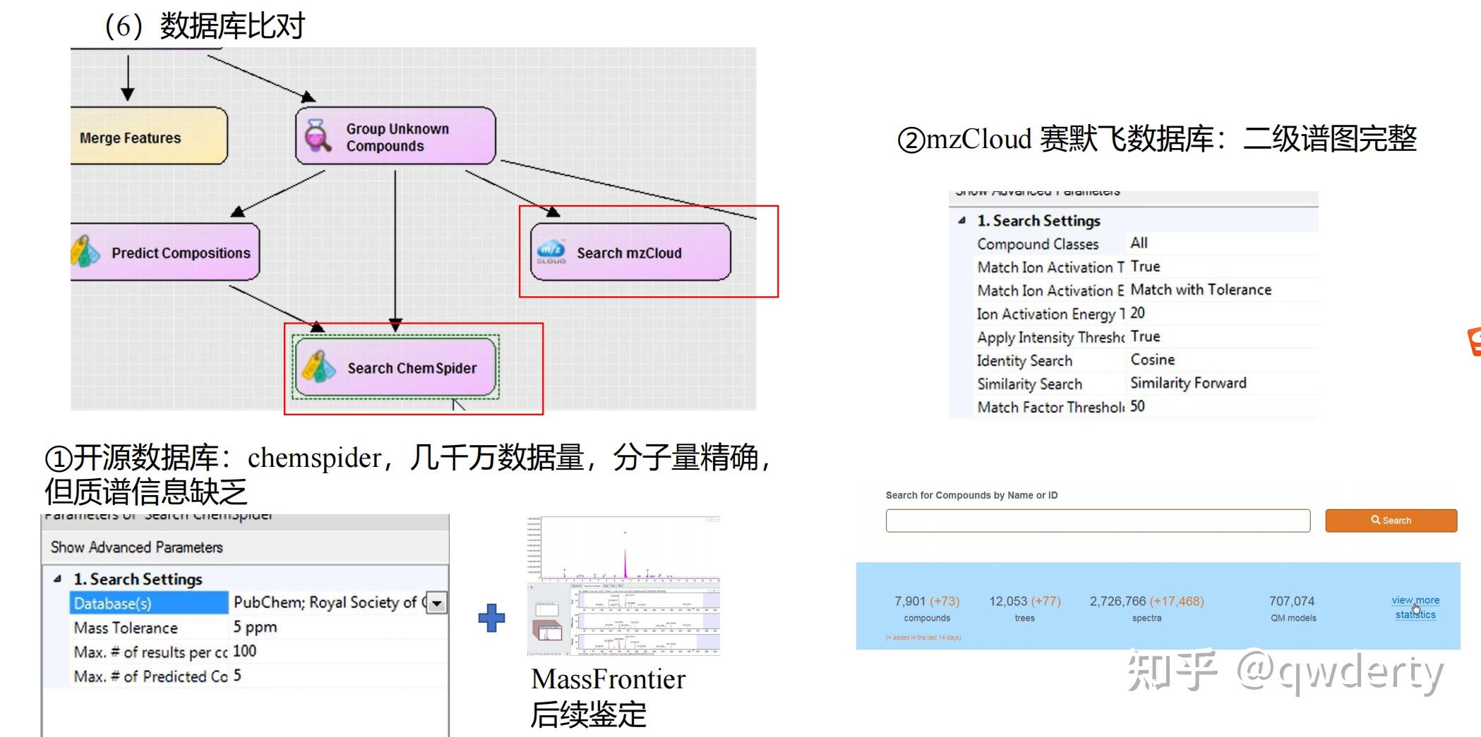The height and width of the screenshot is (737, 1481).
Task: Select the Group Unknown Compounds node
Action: coord(395,136)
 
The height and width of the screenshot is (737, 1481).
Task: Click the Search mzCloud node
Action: coord(630,252)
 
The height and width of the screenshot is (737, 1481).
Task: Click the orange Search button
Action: coord(1391,520)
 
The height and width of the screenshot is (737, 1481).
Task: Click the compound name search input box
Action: coord(1098,520)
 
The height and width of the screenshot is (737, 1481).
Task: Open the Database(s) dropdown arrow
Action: coord(438,603)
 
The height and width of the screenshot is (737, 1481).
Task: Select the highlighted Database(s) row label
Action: coord(148,603)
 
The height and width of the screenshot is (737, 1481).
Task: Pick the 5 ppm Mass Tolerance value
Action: coord(256,627)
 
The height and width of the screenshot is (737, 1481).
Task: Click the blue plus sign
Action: coord(491,618)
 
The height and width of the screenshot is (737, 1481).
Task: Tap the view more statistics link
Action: coord(1415,607)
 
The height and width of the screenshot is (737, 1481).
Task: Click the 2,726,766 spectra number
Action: coord(1117,601)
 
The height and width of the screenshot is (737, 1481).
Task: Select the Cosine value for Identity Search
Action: coord(1153,360)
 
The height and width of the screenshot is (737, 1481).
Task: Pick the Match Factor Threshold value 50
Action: coord(1138,406)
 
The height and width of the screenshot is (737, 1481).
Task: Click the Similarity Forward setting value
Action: coord(1188,383)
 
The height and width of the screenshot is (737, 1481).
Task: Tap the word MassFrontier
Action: coord(608,679)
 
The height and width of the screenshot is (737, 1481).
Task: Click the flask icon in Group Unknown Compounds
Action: coord(317,135)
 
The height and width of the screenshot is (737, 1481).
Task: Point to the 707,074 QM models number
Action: coord(1292,601)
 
